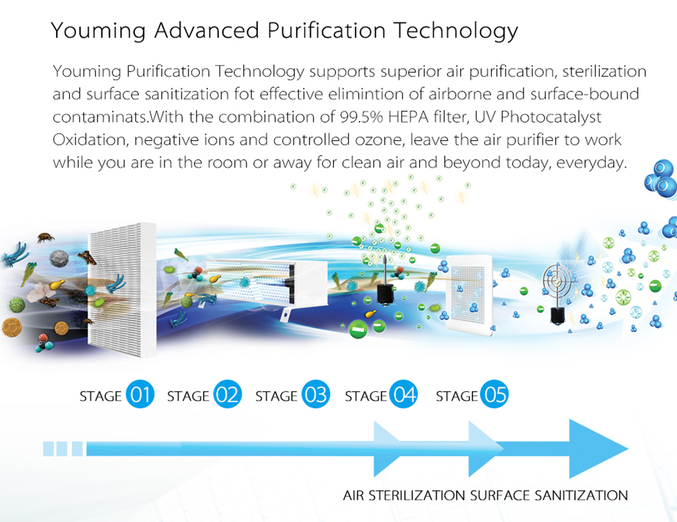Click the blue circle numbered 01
point(140,394)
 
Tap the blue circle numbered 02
point(227,394)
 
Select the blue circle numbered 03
point(315,394)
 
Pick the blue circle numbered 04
point(403,394)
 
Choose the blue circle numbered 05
point(495,394)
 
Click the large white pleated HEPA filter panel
point(122,289)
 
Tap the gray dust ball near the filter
point(59,258)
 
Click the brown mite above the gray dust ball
point(45,237)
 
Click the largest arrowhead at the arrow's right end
point(598,449)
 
